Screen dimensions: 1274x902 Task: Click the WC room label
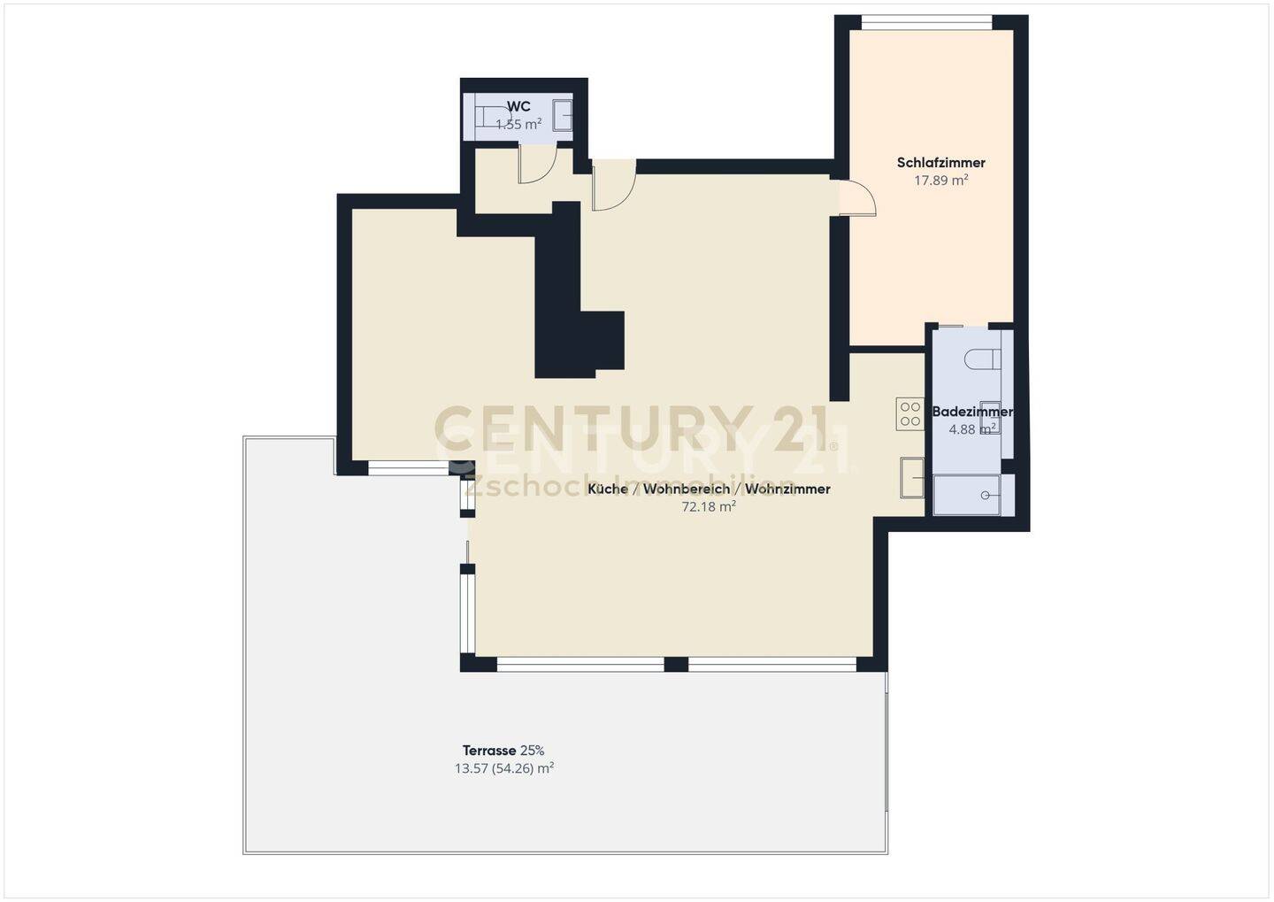tap(518, 106)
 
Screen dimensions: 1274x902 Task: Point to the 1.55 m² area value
tap(518, 124)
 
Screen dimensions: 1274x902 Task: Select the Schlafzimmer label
tap(940, 162)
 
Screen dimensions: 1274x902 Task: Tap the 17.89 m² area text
tap(940, 180)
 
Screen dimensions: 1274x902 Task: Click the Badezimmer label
tap(972, 412)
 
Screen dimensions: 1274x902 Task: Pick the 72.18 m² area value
tap(709, 506)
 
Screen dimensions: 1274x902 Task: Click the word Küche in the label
tap(608, 489)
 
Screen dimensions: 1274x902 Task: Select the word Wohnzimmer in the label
tap(787, 489)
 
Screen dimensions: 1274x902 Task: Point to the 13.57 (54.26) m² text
tap(504, 768)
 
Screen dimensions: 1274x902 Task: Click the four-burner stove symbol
tap(910, 413)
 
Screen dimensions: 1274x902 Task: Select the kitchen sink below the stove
tap(912, 477)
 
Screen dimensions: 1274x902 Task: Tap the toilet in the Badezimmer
tap(983, 358)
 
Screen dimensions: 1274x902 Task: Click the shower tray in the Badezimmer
tap(967, 495)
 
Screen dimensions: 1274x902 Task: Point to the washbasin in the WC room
tap(563, 115)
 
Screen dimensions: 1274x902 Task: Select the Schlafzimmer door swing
tap(857, 197)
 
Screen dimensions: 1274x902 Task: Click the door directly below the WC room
tap(537, 164)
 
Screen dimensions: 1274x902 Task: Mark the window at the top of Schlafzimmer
tap(927, 23)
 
